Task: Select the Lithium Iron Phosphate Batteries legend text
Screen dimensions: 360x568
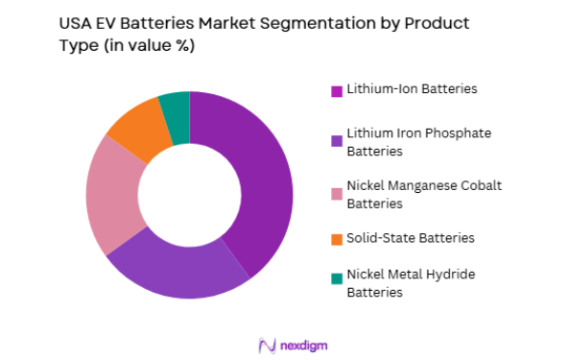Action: (x=402, y=143)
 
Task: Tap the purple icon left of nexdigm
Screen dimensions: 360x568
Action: (x=264, y=344)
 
